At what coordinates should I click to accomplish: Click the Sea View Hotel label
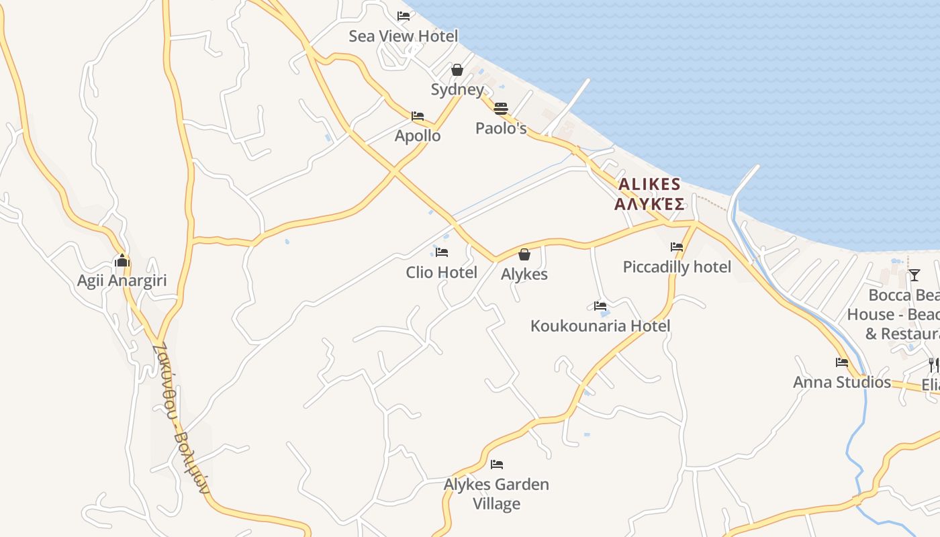click(x=403, y=36)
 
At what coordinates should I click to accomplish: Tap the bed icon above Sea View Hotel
click(x=404, y=16)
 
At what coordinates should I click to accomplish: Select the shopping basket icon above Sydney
click(x=457, y=70)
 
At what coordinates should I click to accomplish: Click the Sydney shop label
click(x=457, y=90)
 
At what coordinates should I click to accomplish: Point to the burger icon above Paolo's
click(x=501, y=109)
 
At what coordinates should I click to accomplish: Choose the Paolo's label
click(x=501, y=128)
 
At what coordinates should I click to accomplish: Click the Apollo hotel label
click(x=418, y=136)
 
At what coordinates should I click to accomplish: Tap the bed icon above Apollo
click(x=418, y=116)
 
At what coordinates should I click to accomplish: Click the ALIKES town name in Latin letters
click(x=649, y=185)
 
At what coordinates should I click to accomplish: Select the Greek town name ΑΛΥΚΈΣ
click(x=649, y=204)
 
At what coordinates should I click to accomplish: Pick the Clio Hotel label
click(x=441, y=273)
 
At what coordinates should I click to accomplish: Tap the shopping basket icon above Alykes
click(x=524, y=254)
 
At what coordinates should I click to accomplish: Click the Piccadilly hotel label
click(x=677, y=267)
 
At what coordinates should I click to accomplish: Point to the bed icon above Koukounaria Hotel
click(x=600, y=306)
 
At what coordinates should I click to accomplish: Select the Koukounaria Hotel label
click(x=600, y=326)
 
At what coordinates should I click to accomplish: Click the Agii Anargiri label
click(x=122, y=281)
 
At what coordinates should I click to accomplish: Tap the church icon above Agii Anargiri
click(x=122, y=260)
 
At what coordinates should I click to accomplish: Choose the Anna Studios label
click(x=842, y=383)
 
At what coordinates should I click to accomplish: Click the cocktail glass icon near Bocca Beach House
click(x=914, y=275)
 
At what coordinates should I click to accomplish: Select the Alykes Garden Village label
click(x=496, y=494)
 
